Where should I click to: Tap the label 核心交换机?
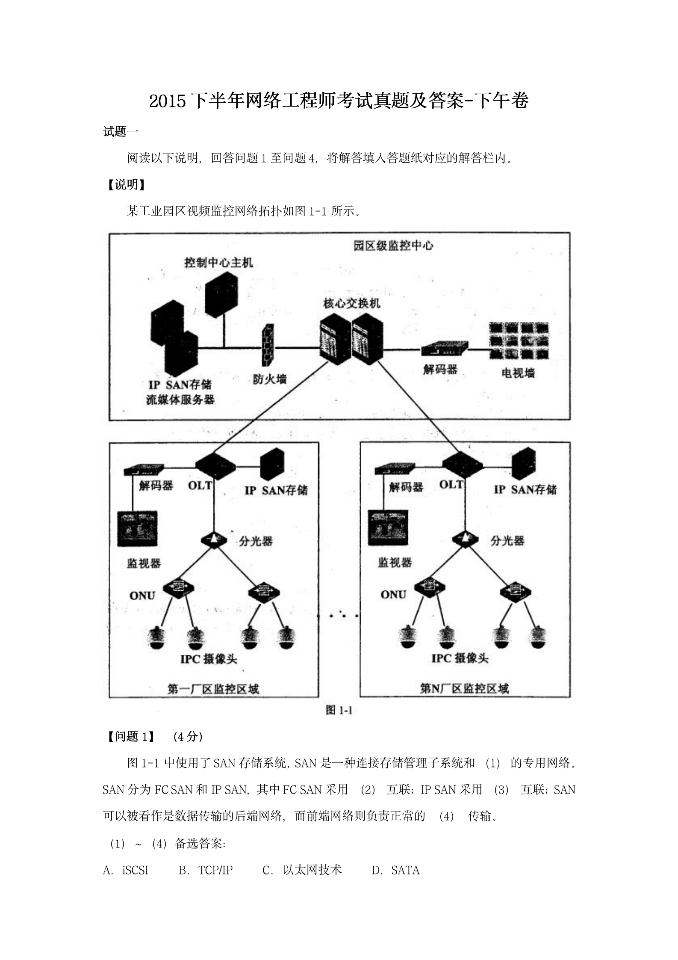(352, 304)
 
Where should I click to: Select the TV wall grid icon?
(519, 341)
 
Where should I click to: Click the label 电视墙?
(518, 373)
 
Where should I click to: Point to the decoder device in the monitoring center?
(445, 349)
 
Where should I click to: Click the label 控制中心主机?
(218, 262)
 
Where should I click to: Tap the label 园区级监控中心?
(393, 246)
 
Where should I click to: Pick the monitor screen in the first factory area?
(137, 529)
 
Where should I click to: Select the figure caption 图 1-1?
(339, 711)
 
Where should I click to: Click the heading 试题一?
(121, 132)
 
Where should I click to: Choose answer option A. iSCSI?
(126, 870)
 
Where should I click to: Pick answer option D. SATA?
(395, 870)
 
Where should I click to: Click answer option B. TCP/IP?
(206, 870)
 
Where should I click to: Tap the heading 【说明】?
(124, 185)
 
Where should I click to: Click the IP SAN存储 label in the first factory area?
(276, 490)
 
